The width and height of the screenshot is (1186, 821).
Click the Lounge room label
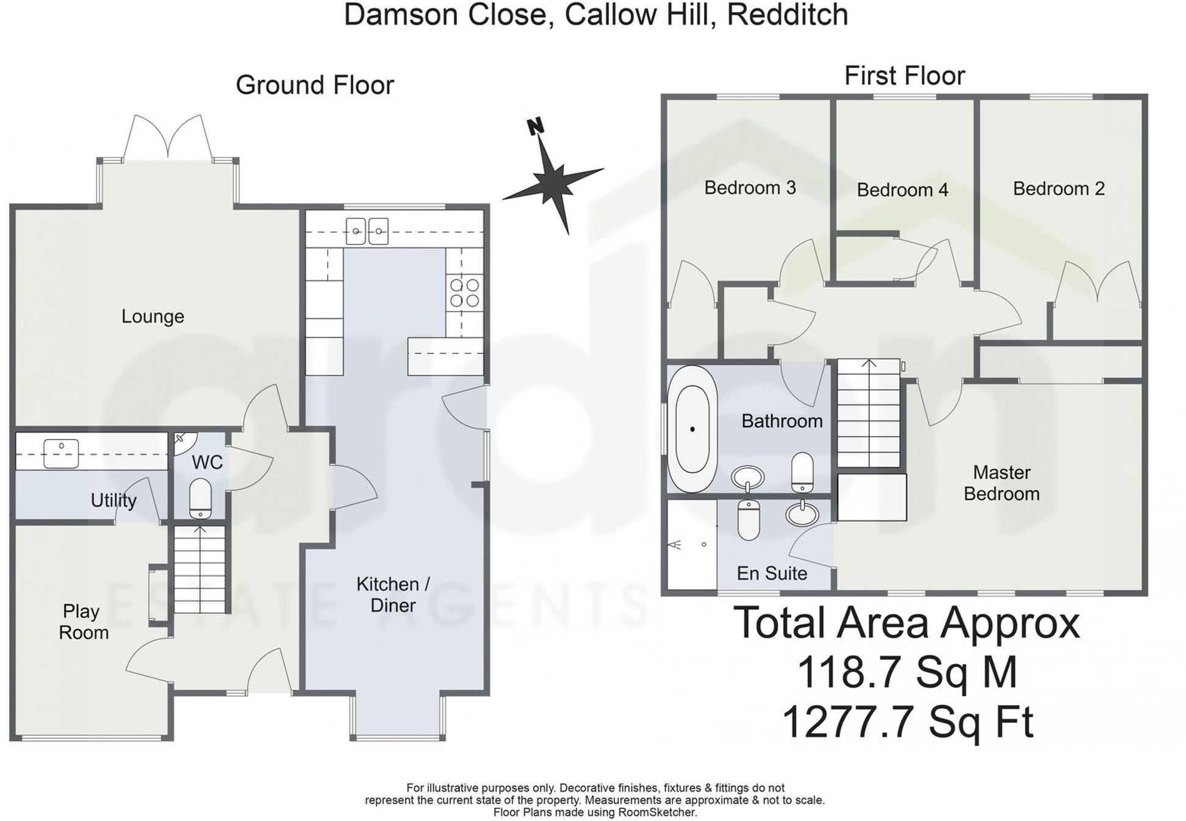(x=153, y=316)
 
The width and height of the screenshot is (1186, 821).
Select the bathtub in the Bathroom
(x=692, y=429)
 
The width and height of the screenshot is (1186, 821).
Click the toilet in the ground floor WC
(x=200, y=498)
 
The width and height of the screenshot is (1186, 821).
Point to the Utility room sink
(x=61, y=453)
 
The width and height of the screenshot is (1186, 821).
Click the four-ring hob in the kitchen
(x=464, y=292)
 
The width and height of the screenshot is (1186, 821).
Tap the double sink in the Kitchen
(x=367, y=231)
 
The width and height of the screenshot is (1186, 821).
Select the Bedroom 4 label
(x=902, y=190)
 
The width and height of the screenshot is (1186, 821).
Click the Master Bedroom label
(x=1001, y=482)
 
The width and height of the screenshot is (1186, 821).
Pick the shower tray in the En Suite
(x=691, y=544)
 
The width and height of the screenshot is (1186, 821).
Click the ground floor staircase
(x=199, y=570)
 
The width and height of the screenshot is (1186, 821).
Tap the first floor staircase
(x=868, y=414)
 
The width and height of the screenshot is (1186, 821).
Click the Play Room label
(x=84, y=622)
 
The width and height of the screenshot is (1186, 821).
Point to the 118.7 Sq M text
(x=907, y=672)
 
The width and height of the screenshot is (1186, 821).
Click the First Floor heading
(x=904, y=76)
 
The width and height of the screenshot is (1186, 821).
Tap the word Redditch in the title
(x=787, y=15)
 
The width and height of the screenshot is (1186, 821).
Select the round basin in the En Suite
(x=802, y=514)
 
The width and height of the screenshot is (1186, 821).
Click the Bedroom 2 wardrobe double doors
(x=1097, y=284)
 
